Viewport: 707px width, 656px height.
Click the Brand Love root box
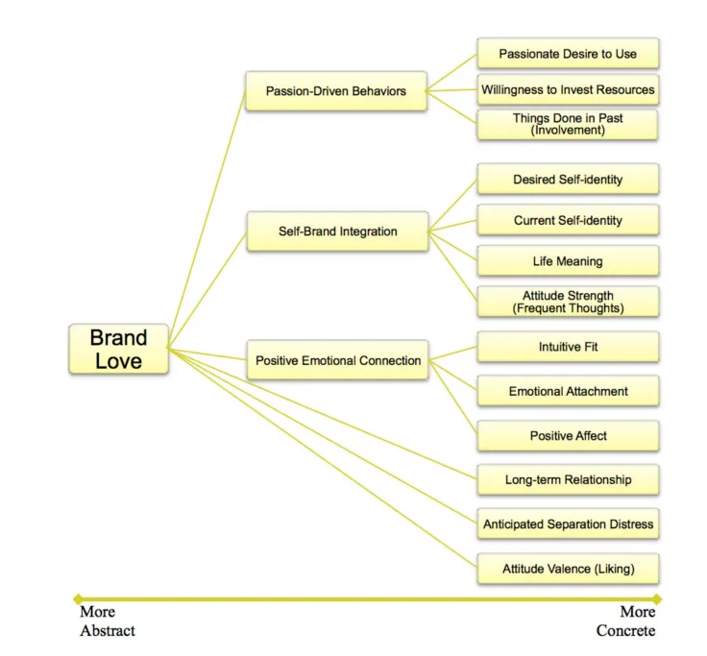pos(118,349)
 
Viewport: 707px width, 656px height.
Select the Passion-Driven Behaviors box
pos(336,91)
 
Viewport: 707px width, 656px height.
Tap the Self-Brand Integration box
pos(337,231)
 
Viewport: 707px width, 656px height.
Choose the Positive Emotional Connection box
pos(337,360)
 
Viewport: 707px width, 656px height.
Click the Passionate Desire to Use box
pos(568,54)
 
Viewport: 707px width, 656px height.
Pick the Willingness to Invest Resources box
pos(568,89)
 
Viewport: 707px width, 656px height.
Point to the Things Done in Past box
pos(568,124)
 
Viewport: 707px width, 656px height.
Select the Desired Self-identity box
pos(568,180)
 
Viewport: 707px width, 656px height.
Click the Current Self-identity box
pos(568,220)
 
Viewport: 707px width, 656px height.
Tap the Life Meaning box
pos(568,261)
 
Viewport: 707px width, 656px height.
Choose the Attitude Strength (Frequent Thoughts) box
pos(568,302)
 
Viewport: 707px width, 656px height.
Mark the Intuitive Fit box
pos(568,347)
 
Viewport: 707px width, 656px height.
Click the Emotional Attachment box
pos(568,391)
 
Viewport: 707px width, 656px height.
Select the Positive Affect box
pos(568,436)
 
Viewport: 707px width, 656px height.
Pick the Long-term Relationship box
pos(568,479)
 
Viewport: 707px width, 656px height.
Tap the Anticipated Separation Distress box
pos(568,524)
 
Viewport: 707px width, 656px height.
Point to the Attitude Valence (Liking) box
pos(568,569)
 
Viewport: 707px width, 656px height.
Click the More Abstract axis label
pos(107,621)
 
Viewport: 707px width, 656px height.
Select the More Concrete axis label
pos(626,621)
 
